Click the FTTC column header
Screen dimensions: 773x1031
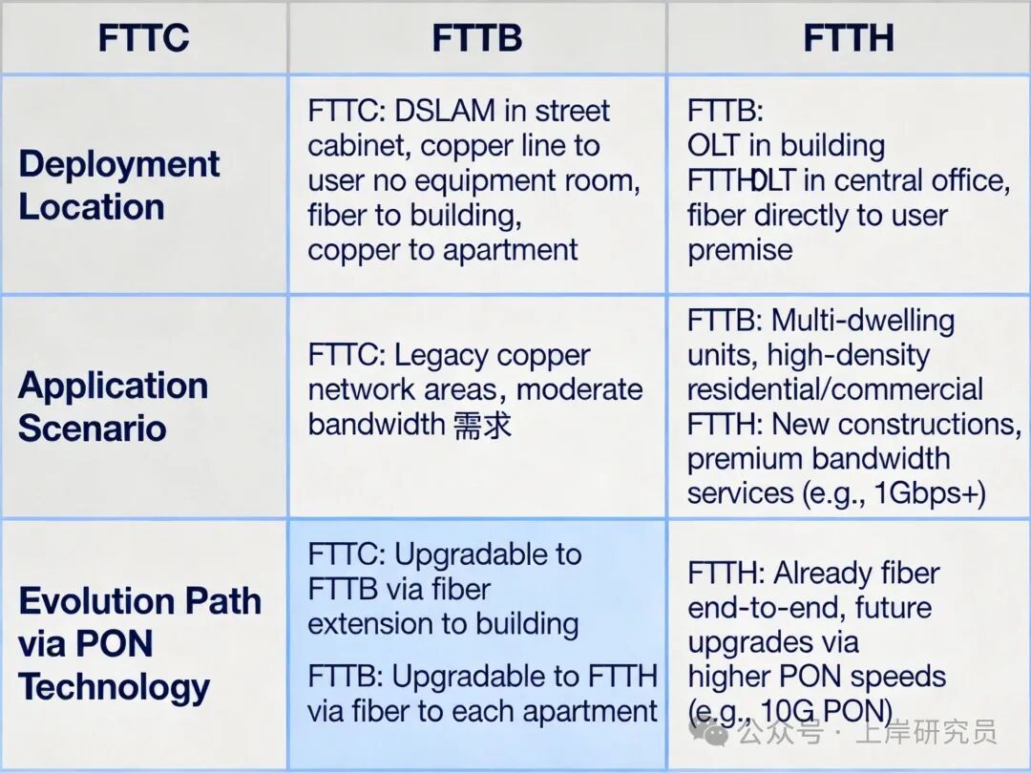143,38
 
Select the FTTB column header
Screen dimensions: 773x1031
476,38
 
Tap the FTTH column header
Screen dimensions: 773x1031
848,38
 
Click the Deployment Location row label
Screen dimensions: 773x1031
118,185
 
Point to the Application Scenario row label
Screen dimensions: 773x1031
113,406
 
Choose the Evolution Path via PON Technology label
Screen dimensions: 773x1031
139,643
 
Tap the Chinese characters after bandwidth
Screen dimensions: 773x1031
483,425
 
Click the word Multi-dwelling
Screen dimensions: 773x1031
863,321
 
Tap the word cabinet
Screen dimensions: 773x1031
358,146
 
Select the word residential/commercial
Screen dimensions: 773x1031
834,389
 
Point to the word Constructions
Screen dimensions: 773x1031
944,424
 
